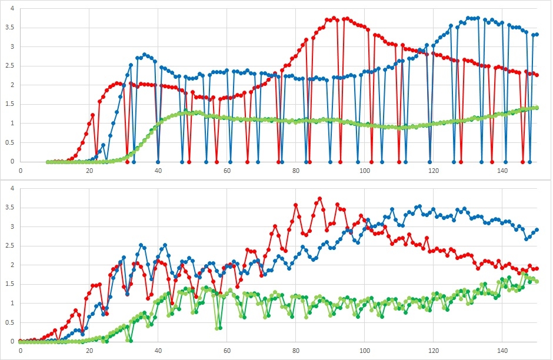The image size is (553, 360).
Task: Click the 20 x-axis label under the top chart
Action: tap(89, 171)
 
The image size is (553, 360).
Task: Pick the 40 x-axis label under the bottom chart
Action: tap(158, 351)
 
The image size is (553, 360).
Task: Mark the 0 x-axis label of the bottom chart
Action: tap(21, 351)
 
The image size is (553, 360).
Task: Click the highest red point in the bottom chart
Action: tap(320, 199)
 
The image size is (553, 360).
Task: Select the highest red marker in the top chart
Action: tap(334, 18)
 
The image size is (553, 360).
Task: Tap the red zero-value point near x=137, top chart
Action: tap(492, 161)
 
